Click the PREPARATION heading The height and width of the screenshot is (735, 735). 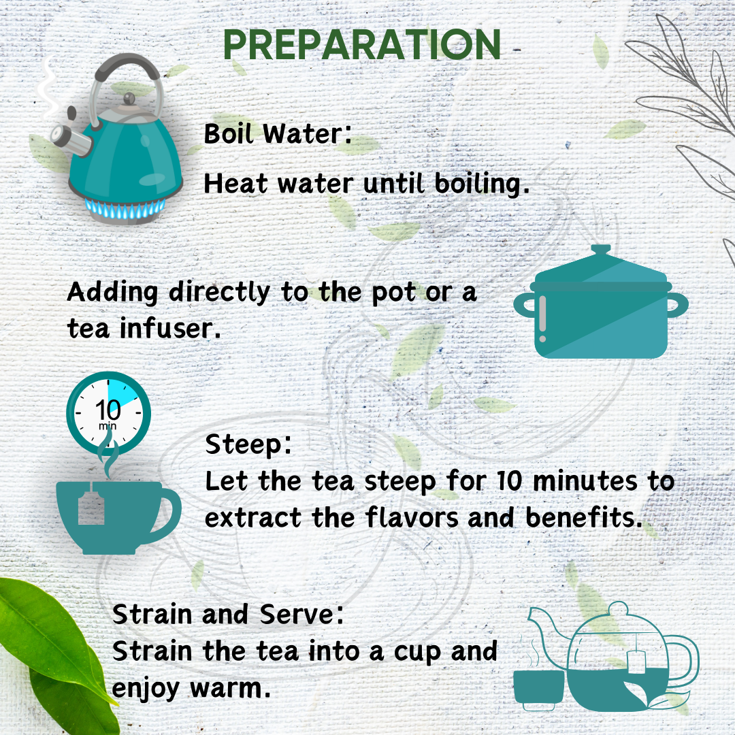pos(362,45)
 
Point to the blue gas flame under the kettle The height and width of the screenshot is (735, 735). pos(125,208)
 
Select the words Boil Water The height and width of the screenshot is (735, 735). pos(278,133)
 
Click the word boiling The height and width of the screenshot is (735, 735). pos(482,183)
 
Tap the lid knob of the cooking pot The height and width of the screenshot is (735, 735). pos(600,250)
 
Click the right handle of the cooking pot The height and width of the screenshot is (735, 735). pos(677,305)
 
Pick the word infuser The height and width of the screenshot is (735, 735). pos(169,327)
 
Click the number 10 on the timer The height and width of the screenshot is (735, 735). pos(108,410)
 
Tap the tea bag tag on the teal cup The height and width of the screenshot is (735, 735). pos(91,508)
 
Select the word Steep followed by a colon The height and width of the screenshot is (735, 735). pos(248,445)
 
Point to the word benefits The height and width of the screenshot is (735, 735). pos(584,517)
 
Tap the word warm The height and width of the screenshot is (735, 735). pos(231,688)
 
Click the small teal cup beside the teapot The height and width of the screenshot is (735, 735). pos(538,687)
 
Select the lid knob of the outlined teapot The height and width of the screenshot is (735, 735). pos(618,609)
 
